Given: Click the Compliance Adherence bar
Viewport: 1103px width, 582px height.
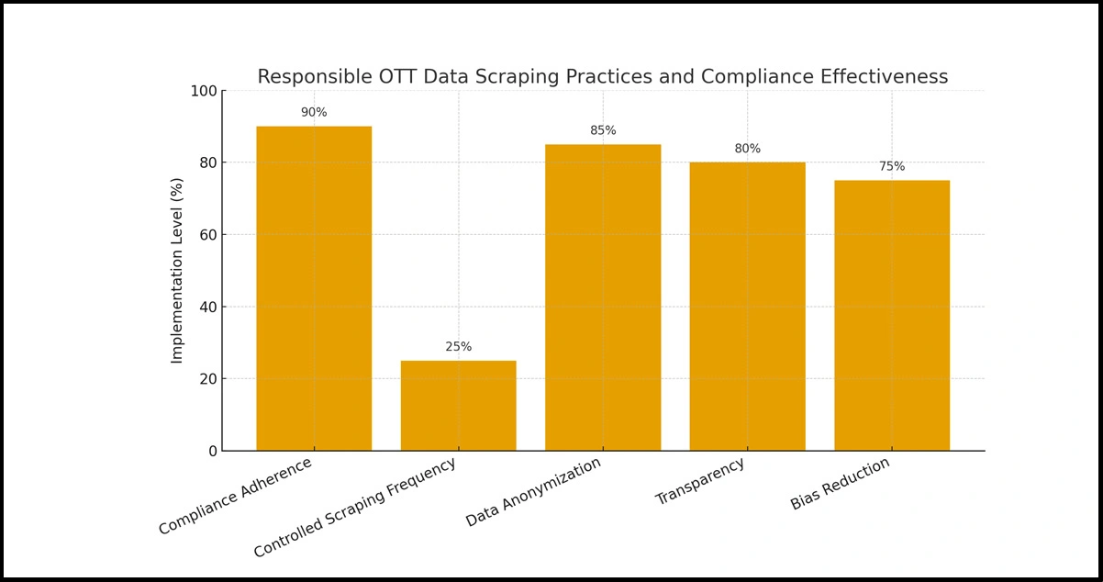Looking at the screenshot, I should tap(314, 288).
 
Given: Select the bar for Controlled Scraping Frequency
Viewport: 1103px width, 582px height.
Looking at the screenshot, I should tap(458, 405).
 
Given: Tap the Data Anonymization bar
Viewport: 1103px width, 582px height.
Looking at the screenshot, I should tap(603, 297).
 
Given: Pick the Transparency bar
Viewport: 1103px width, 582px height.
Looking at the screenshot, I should tap(747, 306).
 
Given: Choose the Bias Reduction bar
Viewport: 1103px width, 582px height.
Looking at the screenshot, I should tap(892, 315).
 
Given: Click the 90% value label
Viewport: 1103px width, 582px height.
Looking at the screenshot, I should tap(314, 113).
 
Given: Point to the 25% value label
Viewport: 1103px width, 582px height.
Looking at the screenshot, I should tap(458, 347).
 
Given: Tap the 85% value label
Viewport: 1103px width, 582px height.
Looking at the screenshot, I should tap(603, 131).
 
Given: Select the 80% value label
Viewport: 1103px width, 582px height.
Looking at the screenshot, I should tap(747, 149).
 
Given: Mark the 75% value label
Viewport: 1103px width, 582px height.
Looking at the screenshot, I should tap(892, 167).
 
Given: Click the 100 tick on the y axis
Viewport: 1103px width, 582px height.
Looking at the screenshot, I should tap(203, 91).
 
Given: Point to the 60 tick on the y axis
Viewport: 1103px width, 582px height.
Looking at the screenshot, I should tap(207, 235).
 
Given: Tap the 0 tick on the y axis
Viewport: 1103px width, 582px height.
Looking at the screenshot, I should tap(212, 451).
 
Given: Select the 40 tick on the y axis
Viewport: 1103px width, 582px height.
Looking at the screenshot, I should tap(207, 307).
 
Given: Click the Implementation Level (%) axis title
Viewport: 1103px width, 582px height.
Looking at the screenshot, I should tap(177, 271).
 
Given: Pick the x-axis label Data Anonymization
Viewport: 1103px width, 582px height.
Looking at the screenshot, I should tap(534, 492).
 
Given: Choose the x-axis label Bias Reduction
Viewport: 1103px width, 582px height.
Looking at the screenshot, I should tap(841, 484).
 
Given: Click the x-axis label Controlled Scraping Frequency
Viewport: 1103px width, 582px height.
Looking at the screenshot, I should tap(355, 508).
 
